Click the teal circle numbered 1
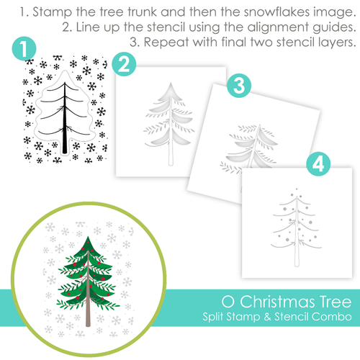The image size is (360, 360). [x=24, y=48]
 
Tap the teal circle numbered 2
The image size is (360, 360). [x=124, y=64]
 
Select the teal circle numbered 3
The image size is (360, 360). [x=239, y=86]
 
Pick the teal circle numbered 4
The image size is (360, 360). [x=318, y=164]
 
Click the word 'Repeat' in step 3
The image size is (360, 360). [x=166, y=42]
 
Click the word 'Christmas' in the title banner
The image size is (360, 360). [x=277, y=302]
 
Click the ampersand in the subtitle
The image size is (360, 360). [x=267, y=317]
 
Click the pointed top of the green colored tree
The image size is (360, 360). [x=88, y=238]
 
